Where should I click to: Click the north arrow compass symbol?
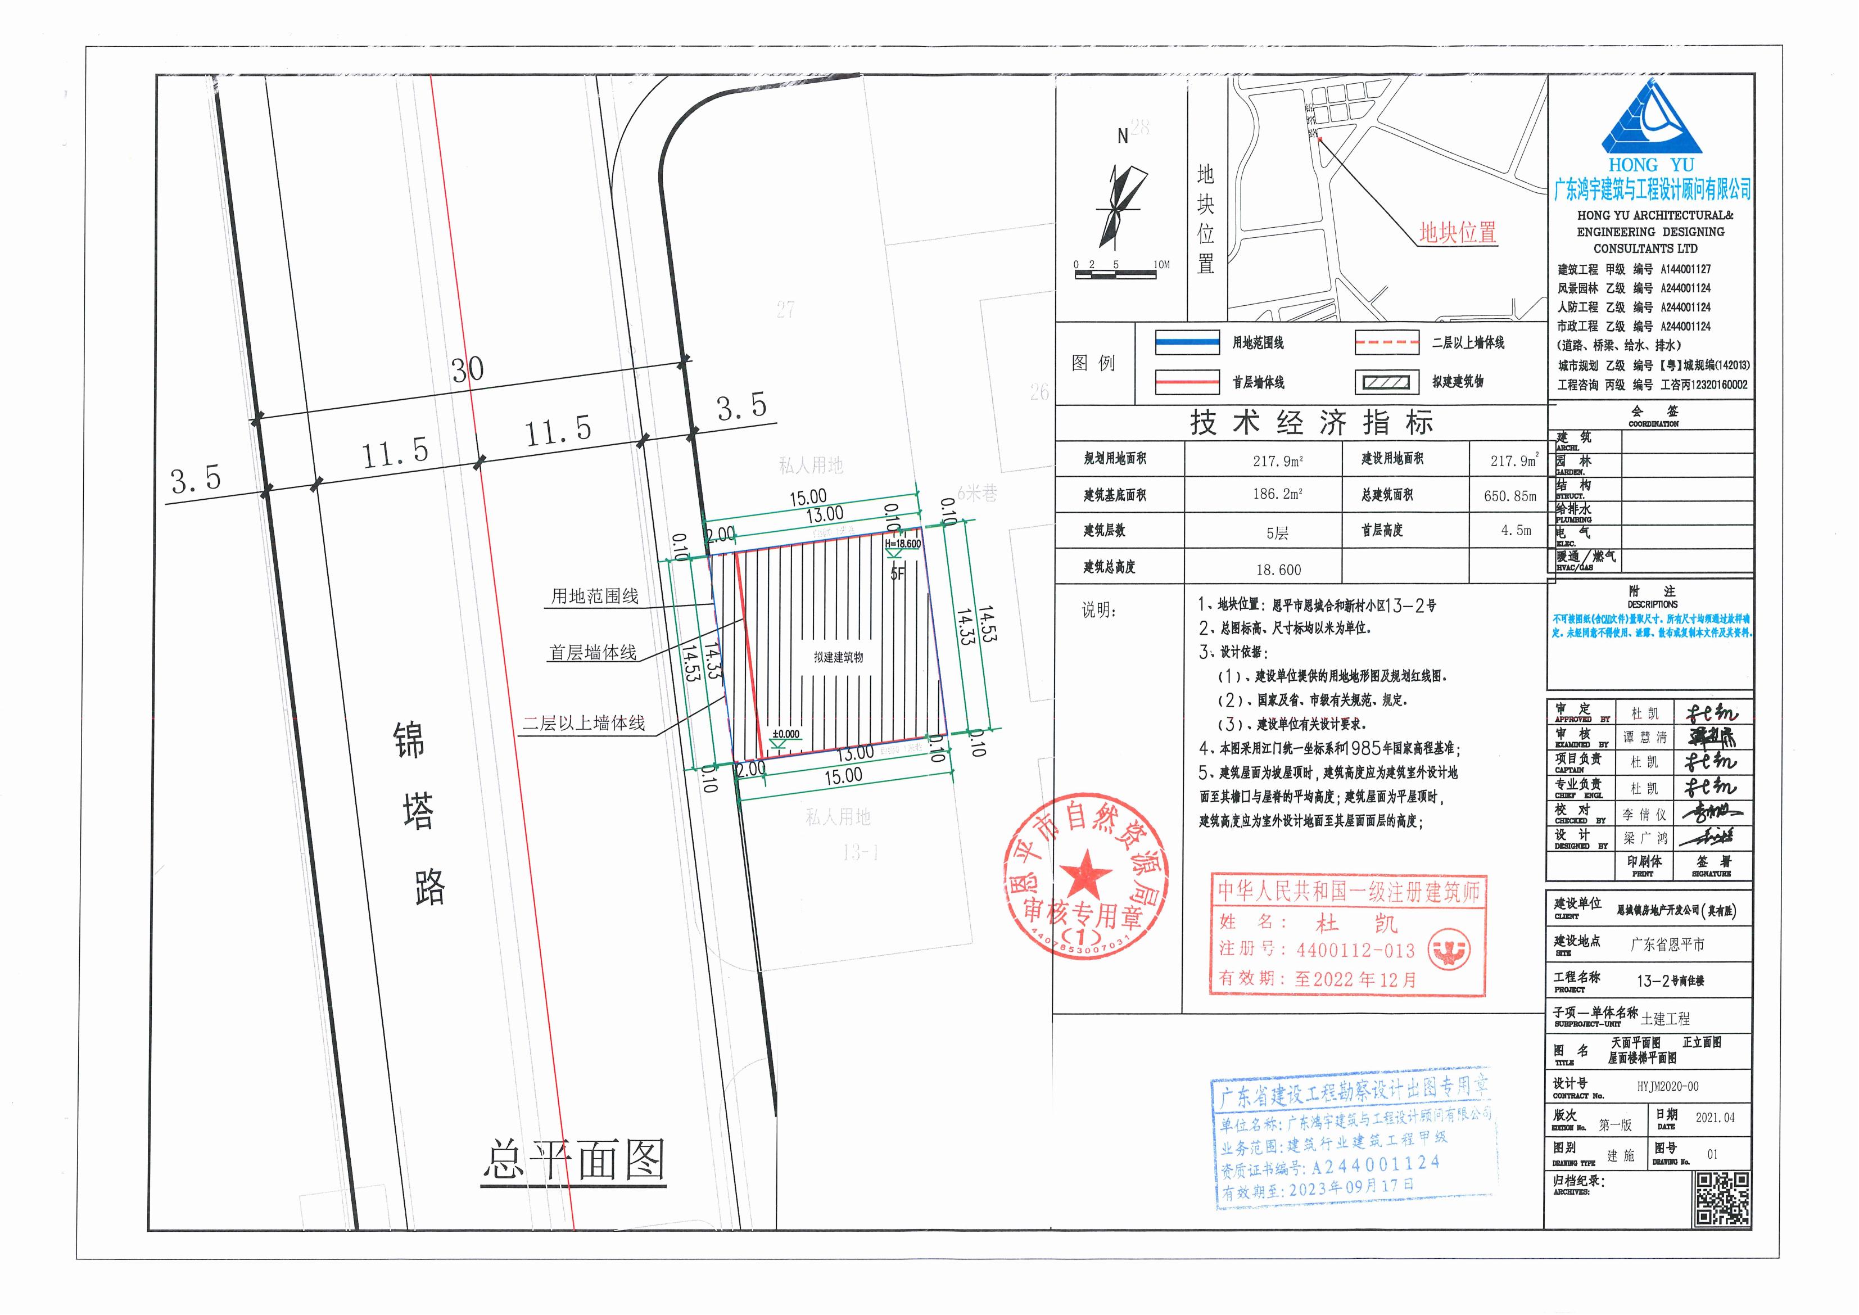tap(1121, 206)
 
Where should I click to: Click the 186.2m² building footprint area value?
tap(1278, 494)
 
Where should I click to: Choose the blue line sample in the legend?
tap(1187, 344)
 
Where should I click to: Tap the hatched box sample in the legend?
tap(1387, 382)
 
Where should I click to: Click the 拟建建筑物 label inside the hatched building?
tap(838, 658)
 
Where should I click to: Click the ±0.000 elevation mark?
tap(785, 734)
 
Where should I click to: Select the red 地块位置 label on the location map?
tap(1458, 233)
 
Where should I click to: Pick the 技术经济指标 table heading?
tap(1311, 423)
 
